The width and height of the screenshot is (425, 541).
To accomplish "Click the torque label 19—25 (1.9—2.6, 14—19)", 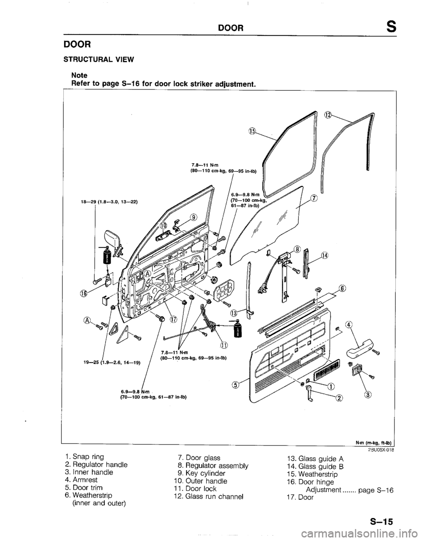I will point(113,362).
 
